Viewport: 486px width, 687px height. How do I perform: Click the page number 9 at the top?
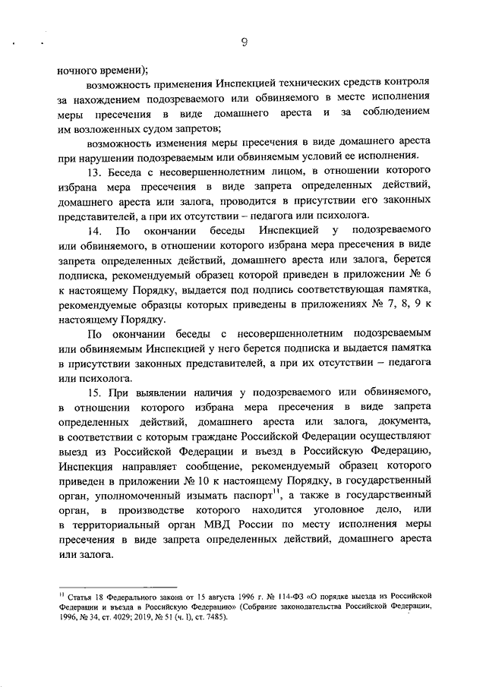click(245, 43)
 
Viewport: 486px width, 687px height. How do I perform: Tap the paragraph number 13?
click(96, 172)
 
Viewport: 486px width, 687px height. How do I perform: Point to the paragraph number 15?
click(96, 392)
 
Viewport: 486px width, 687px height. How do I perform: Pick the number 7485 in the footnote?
click(214, 616)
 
